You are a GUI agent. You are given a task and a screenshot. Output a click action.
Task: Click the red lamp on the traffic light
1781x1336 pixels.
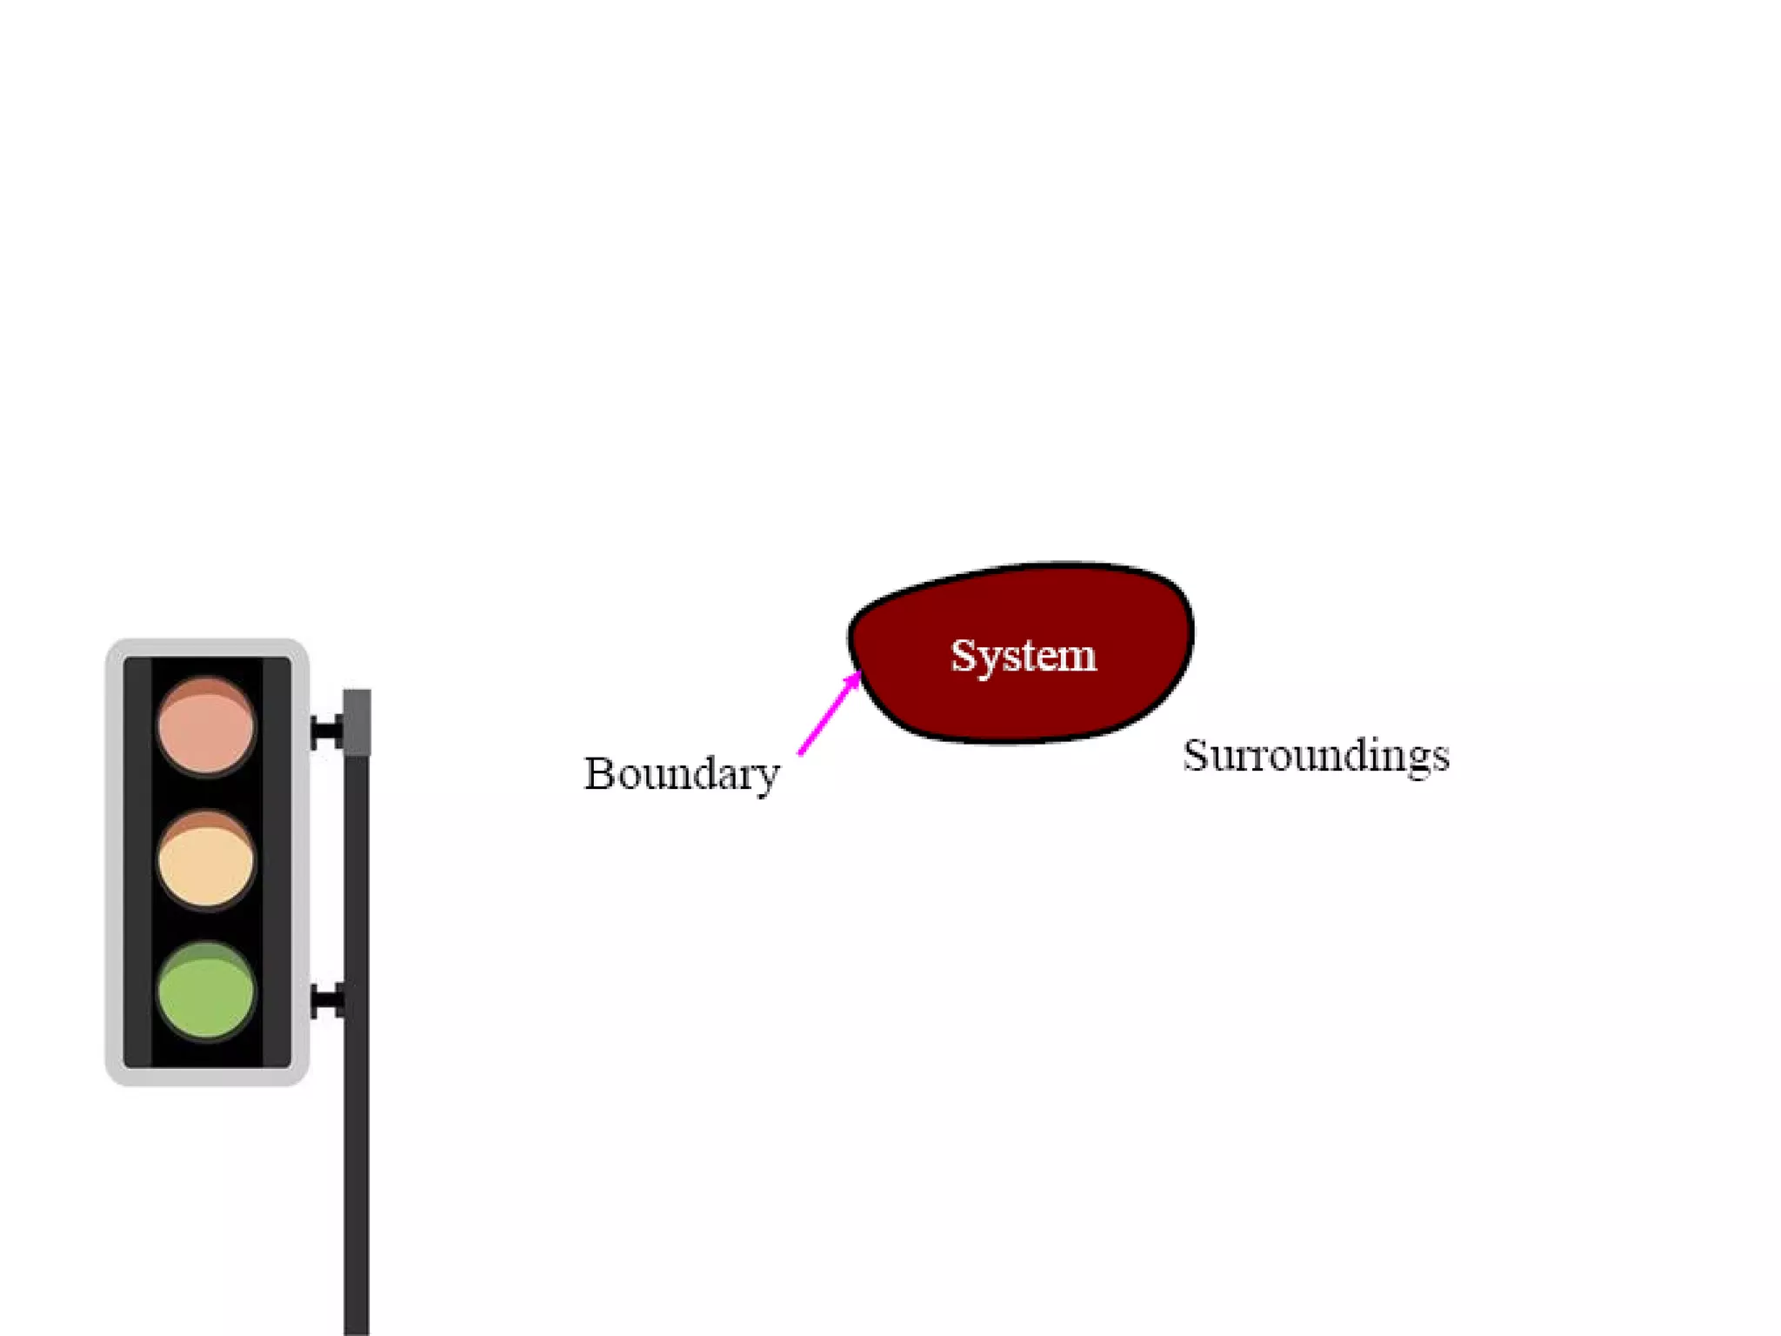(206, 726)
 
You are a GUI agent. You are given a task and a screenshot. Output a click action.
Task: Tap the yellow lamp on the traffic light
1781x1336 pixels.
(206, 860)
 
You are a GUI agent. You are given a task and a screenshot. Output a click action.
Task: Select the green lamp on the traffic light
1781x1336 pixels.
(206, 992)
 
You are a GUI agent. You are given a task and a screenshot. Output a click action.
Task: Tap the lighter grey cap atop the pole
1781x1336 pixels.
(357, 721)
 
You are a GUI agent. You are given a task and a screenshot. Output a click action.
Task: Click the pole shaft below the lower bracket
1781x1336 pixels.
(357, 1174)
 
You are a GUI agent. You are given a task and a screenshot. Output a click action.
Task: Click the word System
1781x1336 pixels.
(1023, 656)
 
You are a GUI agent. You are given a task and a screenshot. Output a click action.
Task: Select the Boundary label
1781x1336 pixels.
(681, 774)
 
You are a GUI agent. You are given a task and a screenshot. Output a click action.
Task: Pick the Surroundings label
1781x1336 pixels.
(1316, 755)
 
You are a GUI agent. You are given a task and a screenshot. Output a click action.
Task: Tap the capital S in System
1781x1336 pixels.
(964, 655)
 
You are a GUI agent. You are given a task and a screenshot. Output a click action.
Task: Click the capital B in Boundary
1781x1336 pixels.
(600, 772)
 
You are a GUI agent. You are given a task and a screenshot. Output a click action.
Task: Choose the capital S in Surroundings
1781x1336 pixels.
(1197, 754)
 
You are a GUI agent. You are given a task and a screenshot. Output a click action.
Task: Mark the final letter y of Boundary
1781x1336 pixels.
(765, 778)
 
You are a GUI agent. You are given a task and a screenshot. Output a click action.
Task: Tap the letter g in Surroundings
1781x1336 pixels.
(1411, 759)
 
